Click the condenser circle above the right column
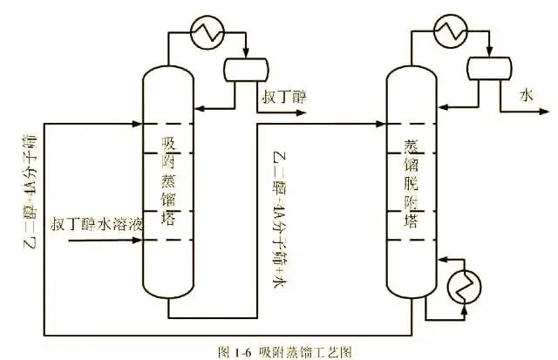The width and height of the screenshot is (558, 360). (x=450, y=30)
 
